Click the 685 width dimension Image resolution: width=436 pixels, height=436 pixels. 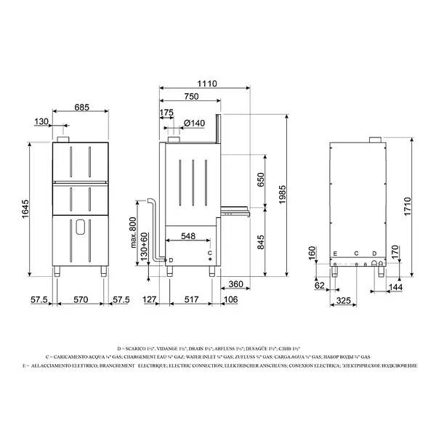coord(81,108)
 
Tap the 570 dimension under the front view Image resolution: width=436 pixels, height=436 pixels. coord(81,299)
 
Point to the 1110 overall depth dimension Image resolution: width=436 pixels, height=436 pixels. coord(208,84)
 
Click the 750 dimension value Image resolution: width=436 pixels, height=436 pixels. coord(191,97)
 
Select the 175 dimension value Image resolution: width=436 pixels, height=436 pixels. coord(166,113)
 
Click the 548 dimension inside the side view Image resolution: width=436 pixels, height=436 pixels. coord(188,237)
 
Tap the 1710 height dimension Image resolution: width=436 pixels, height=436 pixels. coord(408,208)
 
